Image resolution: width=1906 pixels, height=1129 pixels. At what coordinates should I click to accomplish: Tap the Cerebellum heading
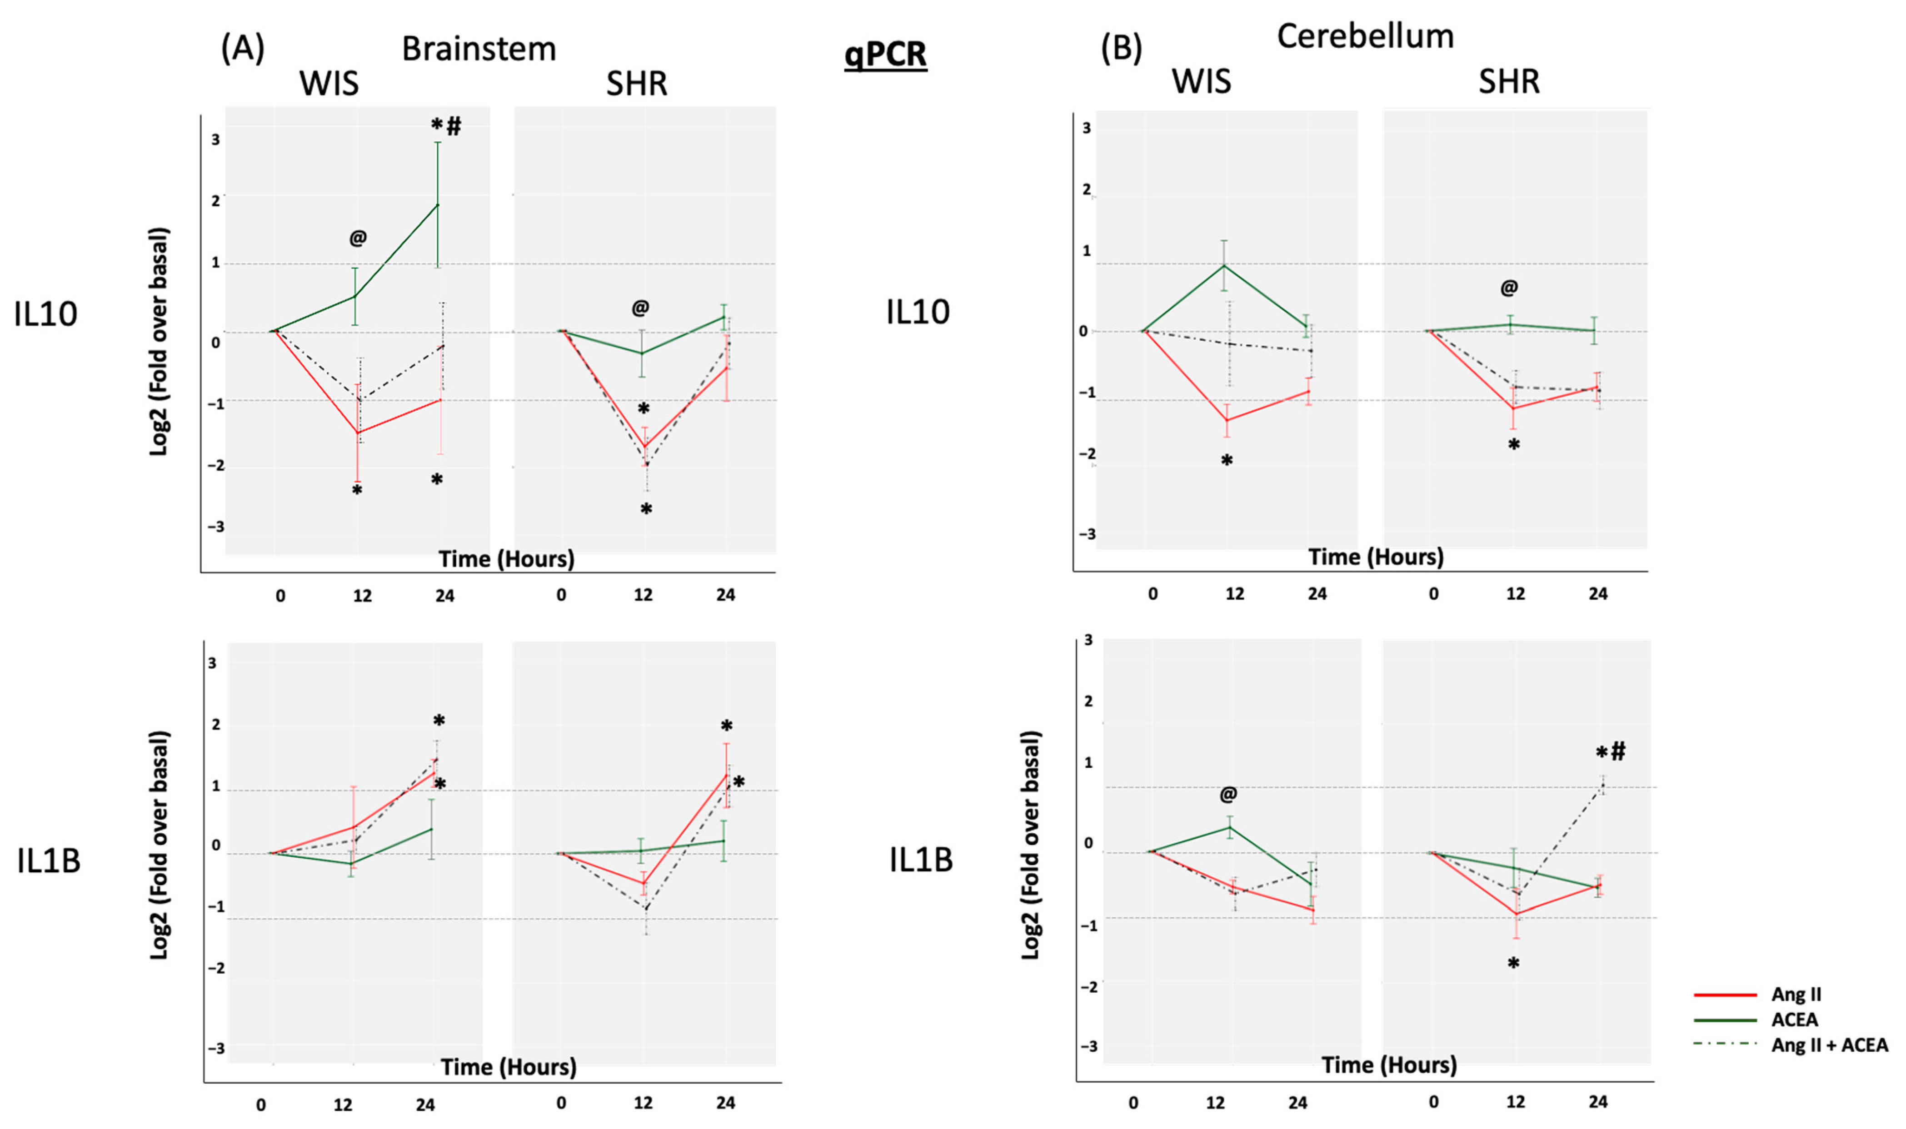(x=1365, y=36)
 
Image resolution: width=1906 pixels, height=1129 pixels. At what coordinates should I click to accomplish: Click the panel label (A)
(x=243, y=49)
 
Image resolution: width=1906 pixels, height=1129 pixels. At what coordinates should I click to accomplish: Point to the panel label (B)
(x=1122, y=49)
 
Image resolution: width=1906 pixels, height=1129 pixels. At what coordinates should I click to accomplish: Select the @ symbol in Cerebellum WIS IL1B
(x=1228, y=794)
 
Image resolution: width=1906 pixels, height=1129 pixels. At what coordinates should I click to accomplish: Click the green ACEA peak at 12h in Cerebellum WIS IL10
(x=1223, y=265)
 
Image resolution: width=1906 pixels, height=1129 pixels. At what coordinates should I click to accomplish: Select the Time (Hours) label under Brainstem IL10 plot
(x=506, y=559)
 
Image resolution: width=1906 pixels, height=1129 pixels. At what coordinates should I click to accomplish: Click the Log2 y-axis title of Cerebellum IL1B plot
(x=1030, y=845)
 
